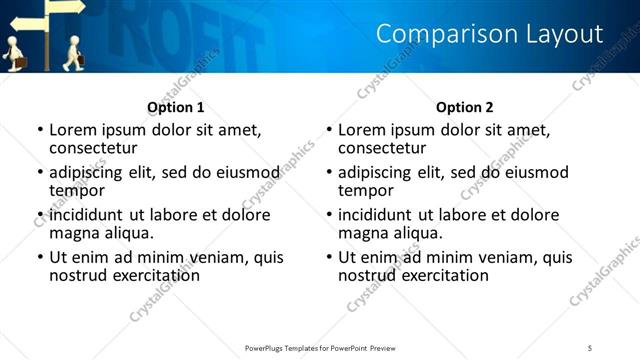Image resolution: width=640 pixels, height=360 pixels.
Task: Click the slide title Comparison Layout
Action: coord(489,35)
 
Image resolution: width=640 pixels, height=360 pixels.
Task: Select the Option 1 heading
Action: coord(176,107)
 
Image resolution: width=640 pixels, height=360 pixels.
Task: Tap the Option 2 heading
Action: coord(465,107)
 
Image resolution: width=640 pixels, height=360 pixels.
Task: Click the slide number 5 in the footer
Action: coord(590,347)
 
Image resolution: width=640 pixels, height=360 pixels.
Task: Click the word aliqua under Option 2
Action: coord(414,233)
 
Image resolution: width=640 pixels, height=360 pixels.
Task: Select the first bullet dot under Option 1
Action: coord(40,131)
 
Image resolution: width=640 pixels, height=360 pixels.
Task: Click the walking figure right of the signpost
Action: coord(73,53)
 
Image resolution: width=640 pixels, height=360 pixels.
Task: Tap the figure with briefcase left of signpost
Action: coord(14,54)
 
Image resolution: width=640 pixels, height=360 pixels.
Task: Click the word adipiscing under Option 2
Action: coord(377,173)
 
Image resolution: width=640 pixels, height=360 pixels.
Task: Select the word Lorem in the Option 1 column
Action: coord(72,130)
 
